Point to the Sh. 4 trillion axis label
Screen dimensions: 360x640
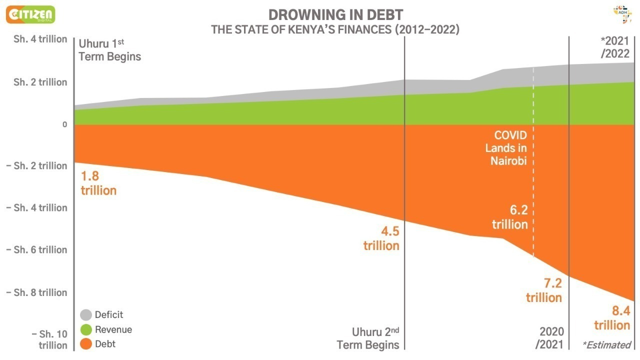pos(40,39)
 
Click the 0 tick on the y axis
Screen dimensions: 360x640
pos(64,124)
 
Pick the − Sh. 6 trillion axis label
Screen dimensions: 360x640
pos(36,249)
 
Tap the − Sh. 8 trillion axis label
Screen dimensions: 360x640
pos(36,292)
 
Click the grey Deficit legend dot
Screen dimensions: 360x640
pos(86,315)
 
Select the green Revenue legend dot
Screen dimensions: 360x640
pos(86,329)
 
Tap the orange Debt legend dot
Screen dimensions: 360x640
pos(86,344)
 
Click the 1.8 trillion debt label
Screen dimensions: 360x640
pos(98,183)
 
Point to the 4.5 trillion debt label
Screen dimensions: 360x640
pos(381,238)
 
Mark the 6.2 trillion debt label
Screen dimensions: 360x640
pos(510,217)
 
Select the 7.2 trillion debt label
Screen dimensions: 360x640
pos(544,290)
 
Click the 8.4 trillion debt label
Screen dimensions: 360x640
pos(612,318)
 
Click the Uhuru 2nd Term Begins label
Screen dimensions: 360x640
pos(368,338)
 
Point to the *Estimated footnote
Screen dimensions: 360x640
pos(606,344)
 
